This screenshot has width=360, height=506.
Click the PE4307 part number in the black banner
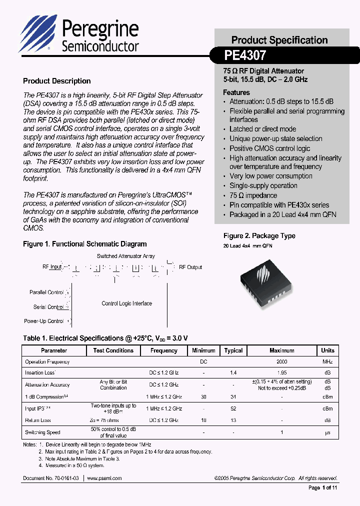coord(245,54)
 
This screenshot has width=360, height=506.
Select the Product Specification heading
coord(279,40)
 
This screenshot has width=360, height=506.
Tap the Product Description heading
coord(57,81)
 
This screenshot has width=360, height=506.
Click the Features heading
coord(236,92)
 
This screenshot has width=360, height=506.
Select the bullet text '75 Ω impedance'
coord(253,195)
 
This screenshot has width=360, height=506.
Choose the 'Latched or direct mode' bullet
coord(262,129)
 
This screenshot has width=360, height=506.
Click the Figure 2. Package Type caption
coord(259,236)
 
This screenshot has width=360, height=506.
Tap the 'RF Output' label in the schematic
coord(190,267)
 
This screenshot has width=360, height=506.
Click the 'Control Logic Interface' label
coord(126,303)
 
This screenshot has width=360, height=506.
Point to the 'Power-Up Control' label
coord(44,321)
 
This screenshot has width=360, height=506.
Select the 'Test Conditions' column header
coord(113,350)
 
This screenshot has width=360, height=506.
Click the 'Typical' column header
coord(233,350)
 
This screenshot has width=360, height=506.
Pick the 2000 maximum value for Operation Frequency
coord(282,361)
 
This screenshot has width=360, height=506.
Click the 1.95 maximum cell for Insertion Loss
coord(282,372)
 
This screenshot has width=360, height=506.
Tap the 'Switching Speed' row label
coord(42,432)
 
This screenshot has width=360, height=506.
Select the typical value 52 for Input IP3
coord(233,408)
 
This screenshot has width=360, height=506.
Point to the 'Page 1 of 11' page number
coord(323,488)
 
